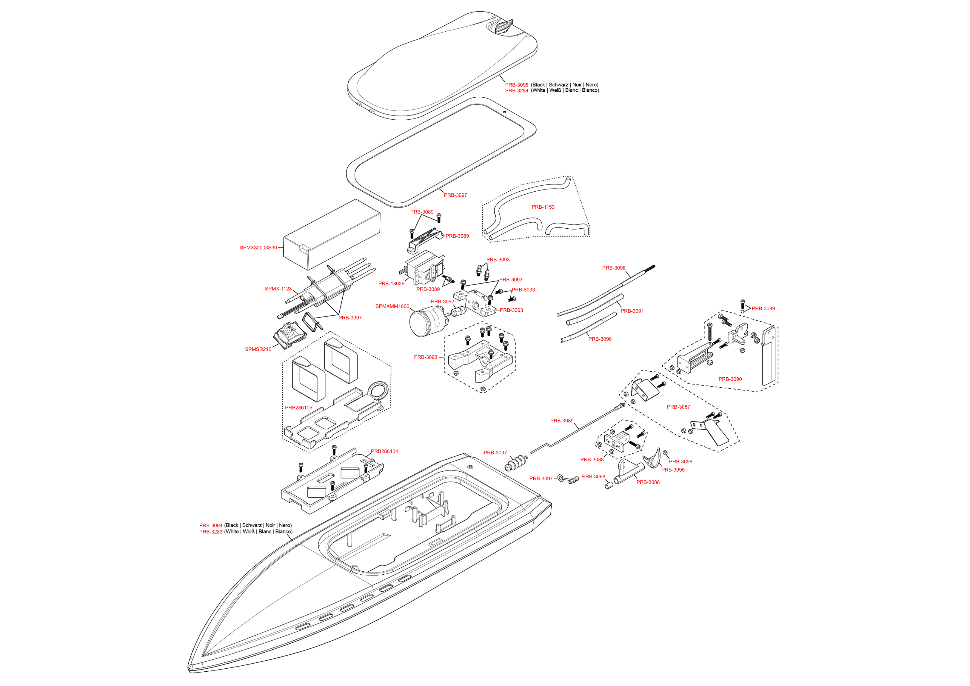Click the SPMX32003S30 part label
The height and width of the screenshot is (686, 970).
[258, 248]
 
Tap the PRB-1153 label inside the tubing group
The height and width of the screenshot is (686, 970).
[543, 207]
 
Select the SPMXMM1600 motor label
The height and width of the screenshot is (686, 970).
[392, 307]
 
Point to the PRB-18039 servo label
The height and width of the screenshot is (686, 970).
[391, 284]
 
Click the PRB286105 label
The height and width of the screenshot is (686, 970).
[298, 408]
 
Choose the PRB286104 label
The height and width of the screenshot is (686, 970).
[384, 451]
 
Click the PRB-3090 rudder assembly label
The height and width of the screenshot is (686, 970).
[730, 379]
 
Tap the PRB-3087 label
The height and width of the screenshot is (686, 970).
[678, 407]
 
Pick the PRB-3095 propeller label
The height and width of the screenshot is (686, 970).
[672, 470]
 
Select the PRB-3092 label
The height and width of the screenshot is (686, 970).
[442, 302]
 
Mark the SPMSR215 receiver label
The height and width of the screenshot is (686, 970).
[258, 350]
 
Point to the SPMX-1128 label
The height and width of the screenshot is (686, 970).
[278, 289]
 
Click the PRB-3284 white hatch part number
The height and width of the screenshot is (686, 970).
[516, 90]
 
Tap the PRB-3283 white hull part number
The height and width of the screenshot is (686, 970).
[210, 532]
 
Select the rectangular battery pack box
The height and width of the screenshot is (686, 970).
[332, 235]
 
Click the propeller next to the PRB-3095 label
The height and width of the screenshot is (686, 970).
[652, 459]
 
